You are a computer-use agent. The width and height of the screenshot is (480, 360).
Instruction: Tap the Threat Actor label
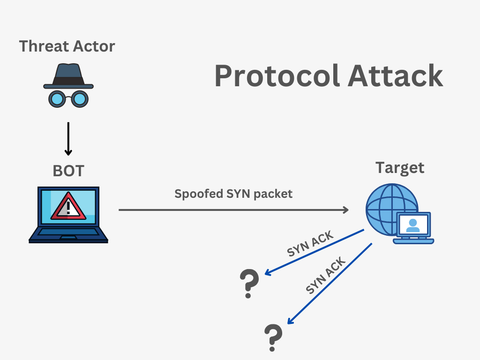pos(67,46)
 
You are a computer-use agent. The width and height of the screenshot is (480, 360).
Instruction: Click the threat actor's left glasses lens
pos(57,98)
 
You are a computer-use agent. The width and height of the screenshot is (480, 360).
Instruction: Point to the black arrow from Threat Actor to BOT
pos(68,138)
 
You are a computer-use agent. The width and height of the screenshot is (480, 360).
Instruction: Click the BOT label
pos(68,171)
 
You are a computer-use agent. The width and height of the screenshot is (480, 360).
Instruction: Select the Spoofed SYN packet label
pos(233,194)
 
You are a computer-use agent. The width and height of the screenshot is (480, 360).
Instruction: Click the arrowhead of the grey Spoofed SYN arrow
pos(346,210)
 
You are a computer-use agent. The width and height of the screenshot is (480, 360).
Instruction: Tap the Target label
pos(400,168)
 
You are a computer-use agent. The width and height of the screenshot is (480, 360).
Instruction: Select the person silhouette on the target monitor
pos(413,225)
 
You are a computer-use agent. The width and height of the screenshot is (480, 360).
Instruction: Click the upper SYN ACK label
pos(310,244)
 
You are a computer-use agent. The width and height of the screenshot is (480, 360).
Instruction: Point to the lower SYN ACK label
pos(326,276)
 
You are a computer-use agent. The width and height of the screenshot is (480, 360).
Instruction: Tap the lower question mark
pos(273,337)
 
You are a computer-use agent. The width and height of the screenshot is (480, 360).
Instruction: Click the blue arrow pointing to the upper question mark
pos(314,252)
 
